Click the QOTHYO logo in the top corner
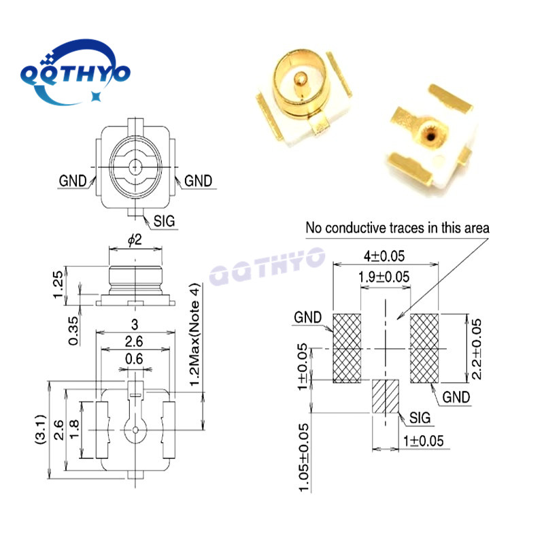point(74,73)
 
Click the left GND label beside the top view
point(72,181)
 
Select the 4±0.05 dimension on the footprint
point(385,256)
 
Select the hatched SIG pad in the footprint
point(385,396)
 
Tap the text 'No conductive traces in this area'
point(398,227)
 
